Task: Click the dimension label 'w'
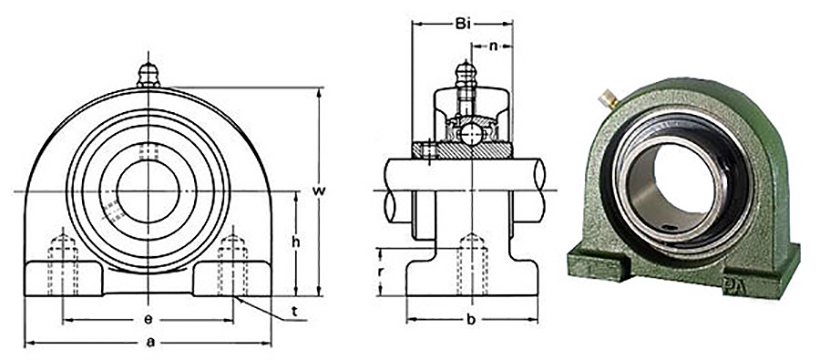point(318,190)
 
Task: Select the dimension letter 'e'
point(148,320)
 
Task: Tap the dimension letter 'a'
point(148,343)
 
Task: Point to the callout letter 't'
point(294,312)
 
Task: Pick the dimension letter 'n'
point(492,45)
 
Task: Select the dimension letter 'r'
point(381,272)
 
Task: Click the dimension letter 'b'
point(471,320)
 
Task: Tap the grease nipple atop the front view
point(149,74)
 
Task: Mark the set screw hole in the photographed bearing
point(671,229)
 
